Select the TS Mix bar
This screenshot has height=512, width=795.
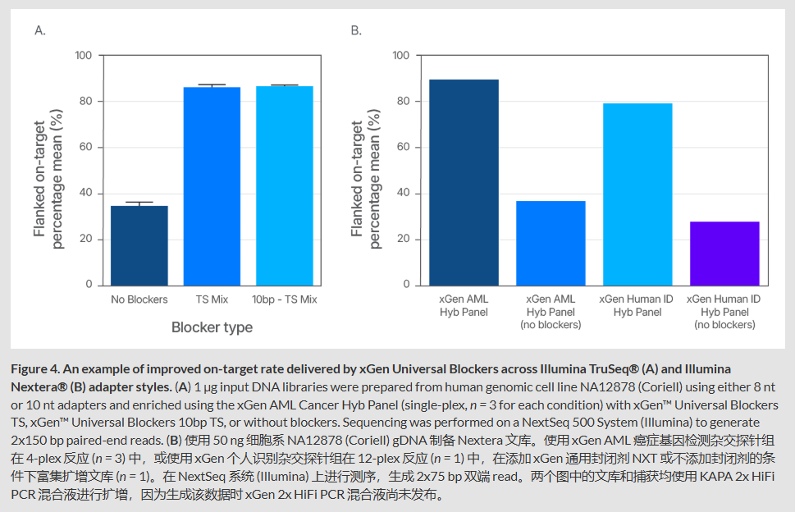click(212, 185)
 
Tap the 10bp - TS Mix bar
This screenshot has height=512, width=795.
click(284, 185)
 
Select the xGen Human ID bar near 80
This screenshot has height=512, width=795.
click(637, 194)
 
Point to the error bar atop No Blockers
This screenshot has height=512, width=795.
click(139, 203)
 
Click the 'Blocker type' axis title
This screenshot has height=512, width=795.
click(212, 327)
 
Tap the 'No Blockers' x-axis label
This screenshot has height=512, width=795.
click(139, 299)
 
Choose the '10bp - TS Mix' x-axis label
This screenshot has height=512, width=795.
click(284, 299)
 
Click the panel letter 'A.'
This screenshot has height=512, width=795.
click(40, 30)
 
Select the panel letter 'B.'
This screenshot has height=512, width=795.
click(356, 30)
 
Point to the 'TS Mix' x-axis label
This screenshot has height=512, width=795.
click(212, 299)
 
